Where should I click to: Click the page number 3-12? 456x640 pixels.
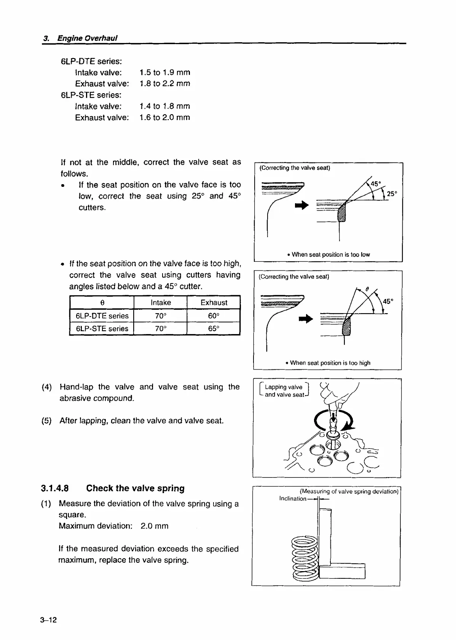click(x=48, y=620)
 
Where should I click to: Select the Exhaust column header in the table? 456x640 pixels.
click(x=214, y=302)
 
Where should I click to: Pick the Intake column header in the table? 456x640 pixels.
click(x=161, y=302)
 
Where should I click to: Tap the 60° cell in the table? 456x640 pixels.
click(x=214, y=316)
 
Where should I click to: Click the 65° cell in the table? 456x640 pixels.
click(x=214, y=329)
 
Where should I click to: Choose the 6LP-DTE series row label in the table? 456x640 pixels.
click(x=102, y=316)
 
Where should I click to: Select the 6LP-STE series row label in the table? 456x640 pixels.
click(x=102, y=329)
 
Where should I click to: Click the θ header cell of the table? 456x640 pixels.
click(x=102, y=302)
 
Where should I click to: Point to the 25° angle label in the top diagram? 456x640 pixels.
click(x=392, y=194)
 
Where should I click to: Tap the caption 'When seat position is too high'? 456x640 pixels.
click(x=328, y=363)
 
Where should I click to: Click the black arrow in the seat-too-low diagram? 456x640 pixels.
click(x=301, y=205)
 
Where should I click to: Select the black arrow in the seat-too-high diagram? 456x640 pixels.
click(x=306, y=319)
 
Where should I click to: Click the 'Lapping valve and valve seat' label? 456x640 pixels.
click(x=284, y=391)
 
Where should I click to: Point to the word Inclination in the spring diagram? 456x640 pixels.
click(x=292, y=498)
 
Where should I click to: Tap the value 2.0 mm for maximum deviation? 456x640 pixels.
click(x=154, y=526)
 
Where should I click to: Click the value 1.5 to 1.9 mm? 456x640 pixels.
click(x=165, y=72)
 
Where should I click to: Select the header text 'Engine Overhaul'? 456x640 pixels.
click(x=87, y=38)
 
